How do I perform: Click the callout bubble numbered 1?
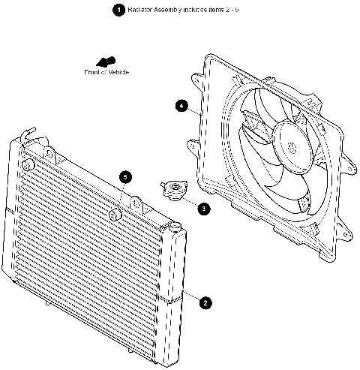tap(118, 11)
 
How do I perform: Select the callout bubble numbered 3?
tap(204, 209)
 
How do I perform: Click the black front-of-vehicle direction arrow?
tap(106, 62)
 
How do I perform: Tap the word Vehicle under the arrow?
tap(116, 72)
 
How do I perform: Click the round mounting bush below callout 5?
tap(115, 216)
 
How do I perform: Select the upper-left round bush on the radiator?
tap(28, 164)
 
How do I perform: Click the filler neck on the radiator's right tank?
tap(172, 226)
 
